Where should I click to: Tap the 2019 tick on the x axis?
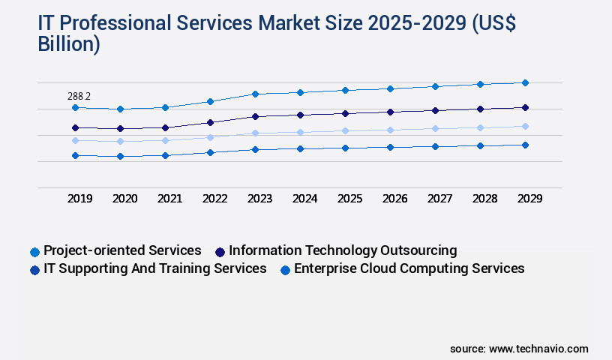[x=79, y=199]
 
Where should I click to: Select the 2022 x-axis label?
[x=214, y=199]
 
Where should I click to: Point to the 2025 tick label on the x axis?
[x=349, y=199]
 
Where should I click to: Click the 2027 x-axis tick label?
[x=439, y=199]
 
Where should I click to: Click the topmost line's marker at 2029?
[x=525, y=82]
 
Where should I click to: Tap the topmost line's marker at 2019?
[x=75, y=107]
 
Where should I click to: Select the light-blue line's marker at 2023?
[x=255, y=133]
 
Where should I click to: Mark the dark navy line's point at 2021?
[x=165, y=127]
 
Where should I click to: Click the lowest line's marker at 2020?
[x=120, y=156]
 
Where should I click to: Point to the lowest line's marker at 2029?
[x=525, y=145]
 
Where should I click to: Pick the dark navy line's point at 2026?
[x=390, y=112]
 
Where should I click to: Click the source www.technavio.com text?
[x=519, y=349]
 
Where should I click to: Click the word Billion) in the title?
[x=69, y=44]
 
